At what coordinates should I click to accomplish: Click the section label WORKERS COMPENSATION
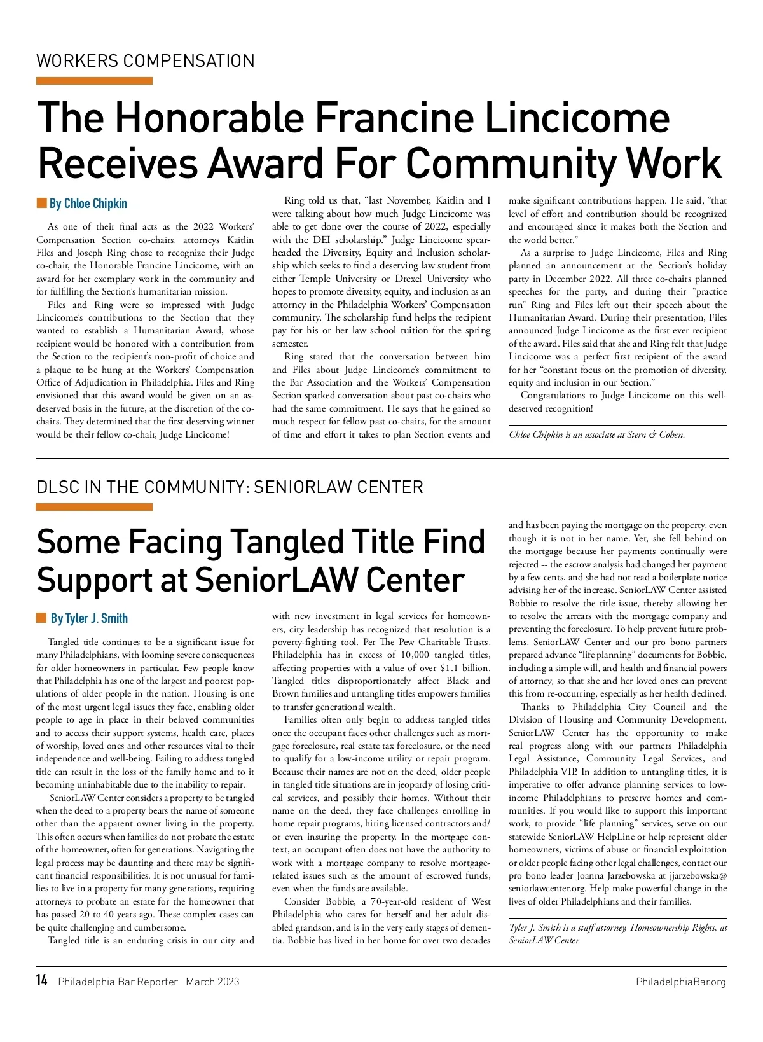coord(146,61)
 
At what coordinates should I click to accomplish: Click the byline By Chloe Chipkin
coord(88,204)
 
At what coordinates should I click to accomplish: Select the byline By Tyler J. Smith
coord(89,618)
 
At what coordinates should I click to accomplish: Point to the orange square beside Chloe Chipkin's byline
coord(42,204)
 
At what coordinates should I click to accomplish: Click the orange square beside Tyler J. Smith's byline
coord(42,618)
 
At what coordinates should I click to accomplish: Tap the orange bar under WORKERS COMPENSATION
coord(94,81)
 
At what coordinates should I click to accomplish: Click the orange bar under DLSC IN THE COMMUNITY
coord(94,507)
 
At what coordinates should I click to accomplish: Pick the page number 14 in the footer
coord(42,981)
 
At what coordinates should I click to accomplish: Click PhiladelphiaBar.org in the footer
coord(680,982)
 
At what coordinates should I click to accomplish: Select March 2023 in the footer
coord(212,982)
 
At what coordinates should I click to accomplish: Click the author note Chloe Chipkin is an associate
coord(596,435)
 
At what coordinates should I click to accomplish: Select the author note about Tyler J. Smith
coord(617,934)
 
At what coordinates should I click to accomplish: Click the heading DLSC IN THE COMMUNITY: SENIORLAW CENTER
coord(230,487)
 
